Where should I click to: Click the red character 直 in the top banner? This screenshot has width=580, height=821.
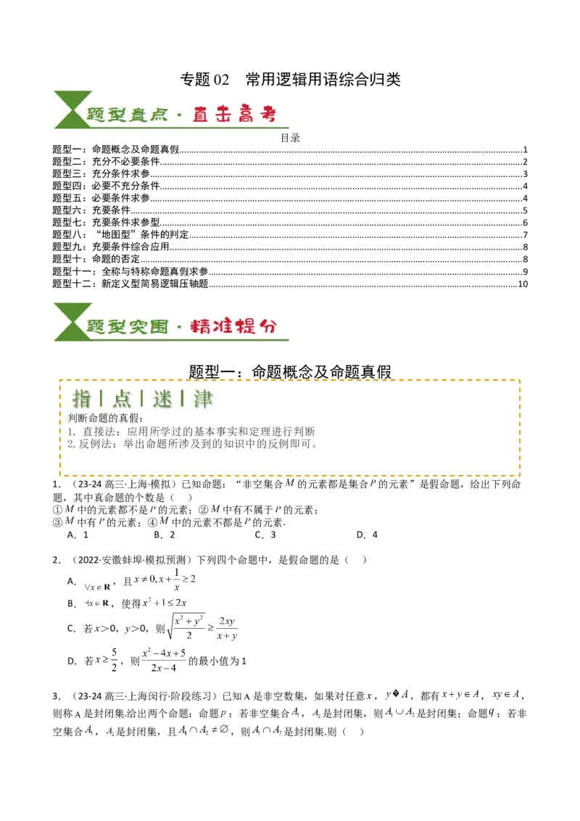point(201,115)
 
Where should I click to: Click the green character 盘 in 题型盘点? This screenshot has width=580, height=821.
point(137,115)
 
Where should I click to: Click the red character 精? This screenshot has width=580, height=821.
point(200,326)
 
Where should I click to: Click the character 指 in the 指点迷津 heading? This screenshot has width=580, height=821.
point(81,398)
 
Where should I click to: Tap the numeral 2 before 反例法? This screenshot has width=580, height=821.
point(70,443)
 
